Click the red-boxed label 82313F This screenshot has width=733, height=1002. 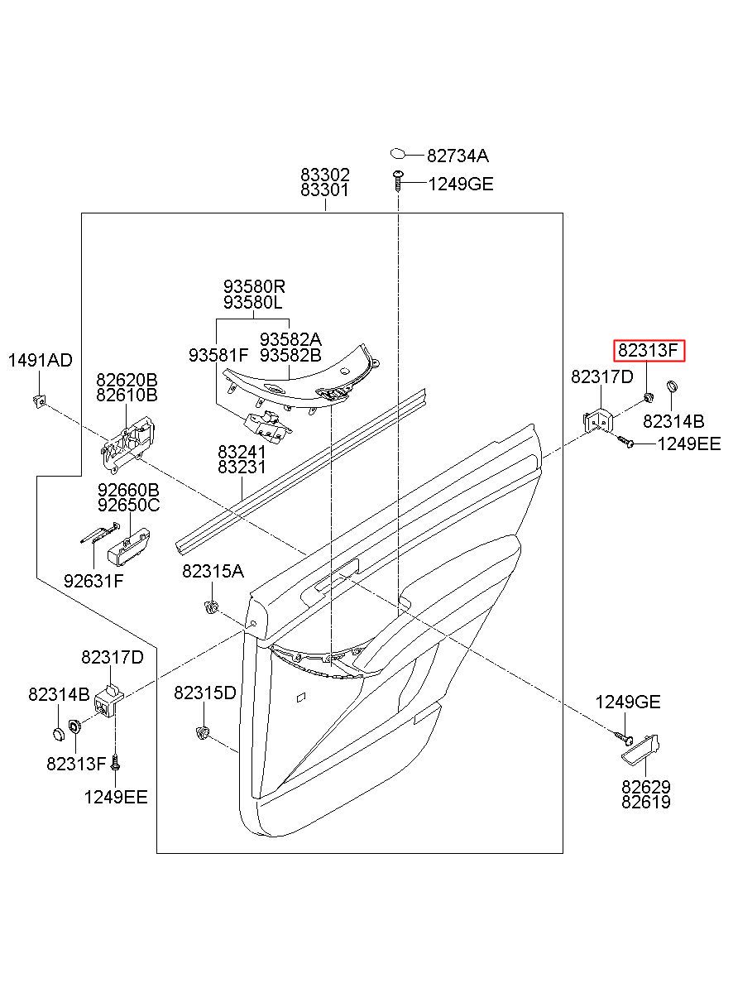(649, 351)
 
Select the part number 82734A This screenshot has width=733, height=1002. (458, 155)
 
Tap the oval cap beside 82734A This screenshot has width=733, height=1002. (399, 153)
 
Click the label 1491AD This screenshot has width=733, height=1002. (40, 360)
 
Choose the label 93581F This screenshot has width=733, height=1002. (218, 355)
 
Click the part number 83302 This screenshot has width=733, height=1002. (325, 175)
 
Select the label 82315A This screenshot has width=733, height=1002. (213, 571)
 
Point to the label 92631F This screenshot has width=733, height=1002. (93, 580)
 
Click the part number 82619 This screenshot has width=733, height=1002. (646, 802)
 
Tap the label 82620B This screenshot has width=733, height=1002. (127, 380)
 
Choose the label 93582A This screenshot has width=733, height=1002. (290, 339)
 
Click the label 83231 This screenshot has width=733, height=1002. (242, 467)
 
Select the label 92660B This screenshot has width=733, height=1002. (128, 490)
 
